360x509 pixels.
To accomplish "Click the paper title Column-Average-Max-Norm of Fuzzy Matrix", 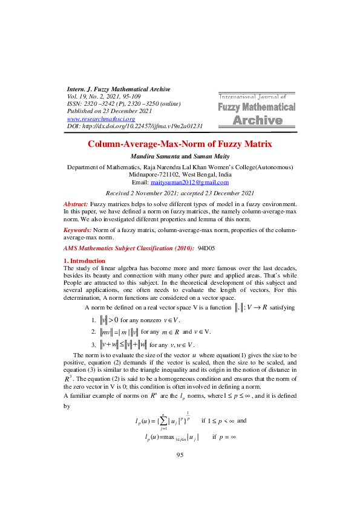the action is coord(180,144).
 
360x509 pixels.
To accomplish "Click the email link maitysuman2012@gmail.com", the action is coord(192,182).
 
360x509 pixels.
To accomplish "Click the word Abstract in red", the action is coord(76,206).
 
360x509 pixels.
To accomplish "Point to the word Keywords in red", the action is coord(77,230).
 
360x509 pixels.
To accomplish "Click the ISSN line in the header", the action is coord(123,104).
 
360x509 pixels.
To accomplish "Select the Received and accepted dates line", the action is coord(180,193).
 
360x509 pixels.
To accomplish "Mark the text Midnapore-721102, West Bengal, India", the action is coord(180,173).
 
